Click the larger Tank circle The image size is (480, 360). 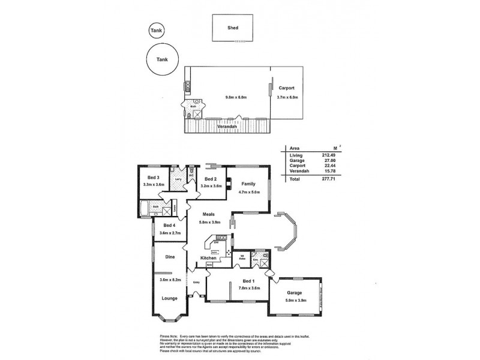(162, 60)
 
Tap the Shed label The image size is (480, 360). (233, 27)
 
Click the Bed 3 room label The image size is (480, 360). (153, 178)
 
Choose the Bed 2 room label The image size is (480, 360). (210, 179)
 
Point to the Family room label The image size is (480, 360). (248, 184)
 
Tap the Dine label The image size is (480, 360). (170, 257)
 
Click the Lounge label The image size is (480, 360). (170, 296)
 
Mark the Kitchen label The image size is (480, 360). (208, 258)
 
